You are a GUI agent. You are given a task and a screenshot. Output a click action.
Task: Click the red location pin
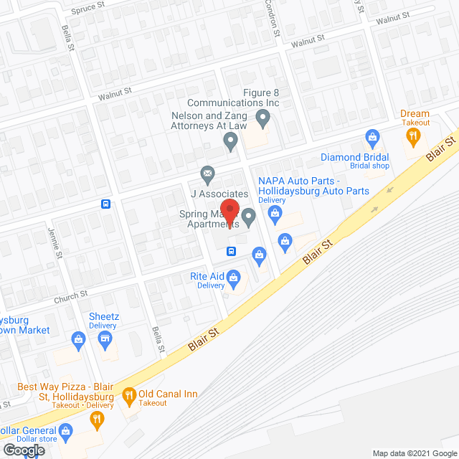pyautogui.click(x=229, y=212)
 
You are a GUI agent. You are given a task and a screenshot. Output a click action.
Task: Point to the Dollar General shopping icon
pyautogui.click(x=66, y=431)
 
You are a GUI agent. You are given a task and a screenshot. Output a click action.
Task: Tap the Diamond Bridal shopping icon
pyautogui.click(x=372, y=136)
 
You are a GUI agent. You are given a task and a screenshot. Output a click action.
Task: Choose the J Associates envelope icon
pyautogui.click(x=207, y=173)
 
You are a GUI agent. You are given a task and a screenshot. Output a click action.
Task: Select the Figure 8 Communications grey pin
pyautogui.click(x=262, y=116)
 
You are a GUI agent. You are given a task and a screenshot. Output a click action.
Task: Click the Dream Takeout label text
pyautogui.click(x=415, y=118)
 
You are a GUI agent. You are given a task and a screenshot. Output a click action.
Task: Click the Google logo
pyautogui.click(x=22, y=450)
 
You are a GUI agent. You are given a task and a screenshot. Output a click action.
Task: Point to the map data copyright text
pyautogui.click(x=415, y=453)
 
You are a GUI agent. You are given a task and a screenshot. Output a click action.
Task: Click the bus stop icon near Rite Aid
pyautogui.click(x=232, y=251)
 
